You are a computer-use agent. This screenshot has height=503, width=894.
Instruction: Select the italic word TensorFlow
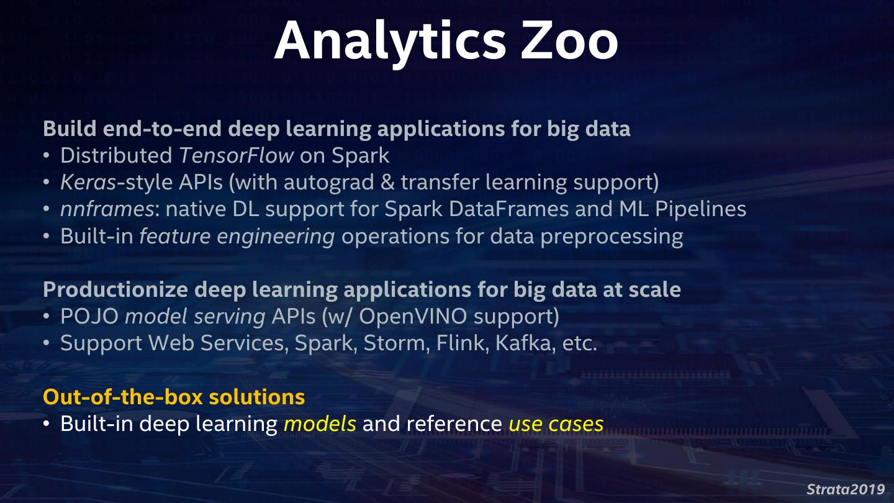[236, 155]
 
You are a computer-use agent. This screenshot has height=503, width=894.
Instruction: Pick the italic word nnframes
[107, 209]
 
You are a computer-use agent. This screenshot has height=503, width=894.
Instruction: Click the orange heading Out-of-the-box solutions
[174, 396]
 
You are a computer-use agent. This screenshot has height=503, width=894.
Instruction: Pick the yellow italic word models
[320, 424]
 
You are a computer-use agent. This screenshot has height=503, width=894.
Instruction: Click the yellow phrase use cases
[556, 424]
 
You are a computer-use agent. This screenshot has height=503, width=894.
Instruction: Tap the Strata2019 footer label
[846, 489]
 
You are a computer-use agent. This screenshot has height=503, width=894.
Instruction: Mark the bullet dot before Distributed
[47, 156]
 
